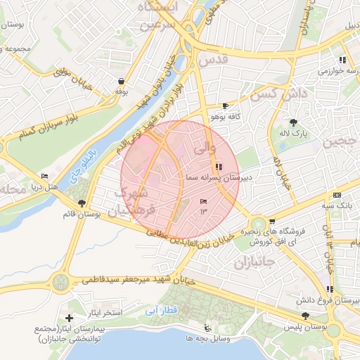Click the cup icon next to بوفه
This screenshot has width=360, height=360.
[122, 81]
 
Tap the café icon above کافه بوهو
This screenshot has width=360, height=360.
[226, 105]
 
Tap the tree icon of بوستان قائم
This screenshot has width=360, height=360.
[83, 203]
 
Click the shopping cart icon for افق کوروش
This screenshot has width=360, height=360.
[272, 222]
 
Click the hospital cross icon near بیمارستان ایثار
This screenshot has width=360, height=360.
[69, 319]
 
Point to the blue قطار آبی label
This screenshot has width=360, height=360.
[163, 309]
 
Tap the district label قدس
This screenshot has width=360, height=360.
[214, 61]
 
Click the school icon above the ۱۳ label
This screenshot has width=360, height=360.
[203, 201]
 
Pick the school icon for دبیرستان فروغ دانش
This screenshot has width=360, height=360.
[330, 289]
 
